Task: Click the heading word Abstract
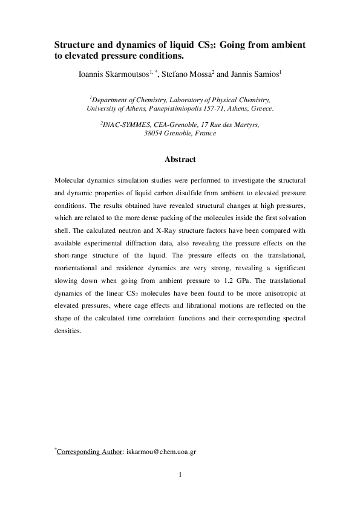[x=180, y=160]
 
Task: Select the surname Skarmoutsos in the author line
[x=129, y=75]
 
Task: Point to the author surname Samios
[x=263, y=75]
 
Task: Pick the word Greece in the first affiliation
[x=259, y=109]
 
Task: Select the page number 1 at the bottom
[x=180, y=475]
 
